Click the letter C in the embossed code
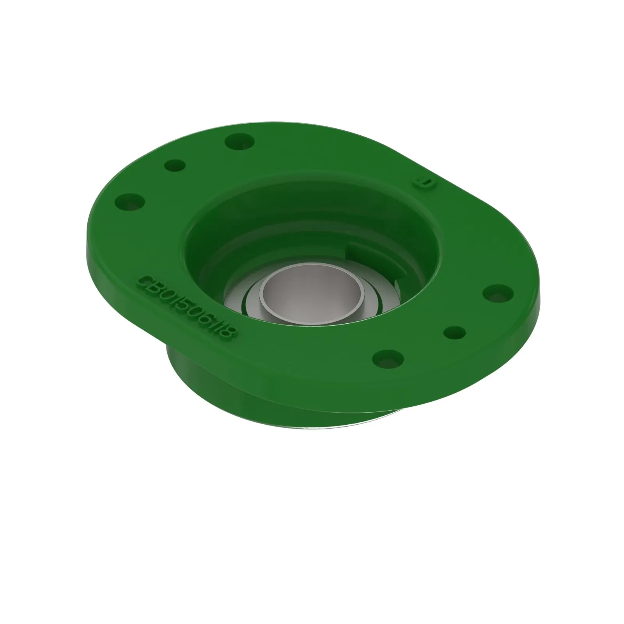pyautogui.click(x=145, y=282)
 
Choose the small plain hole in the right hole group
pyautogui.click(x=455, y=333)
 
